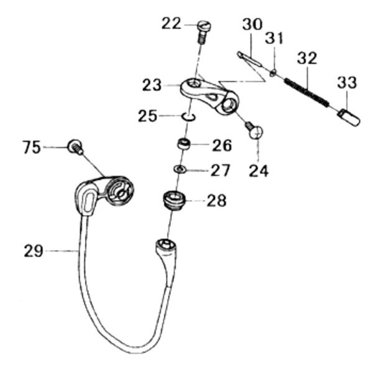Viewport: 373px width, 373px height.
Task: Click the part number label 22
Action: [172, 24]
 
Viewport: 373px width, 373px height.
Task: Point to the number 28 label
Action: [216, 200]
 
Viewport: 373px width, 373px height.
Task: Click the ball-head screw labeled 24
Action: [254, 131]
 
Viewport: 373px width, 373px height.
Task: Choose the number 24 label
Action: [257, 169]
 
